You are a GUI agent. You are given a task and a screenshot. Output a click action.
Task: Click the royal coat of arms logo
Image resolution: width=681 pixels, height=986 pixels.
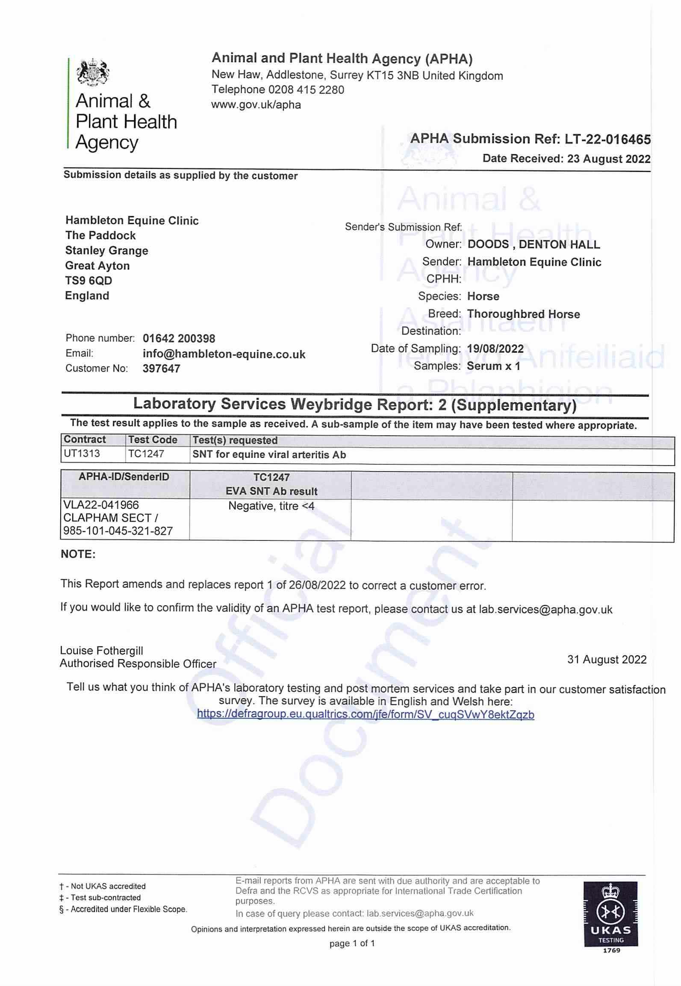[x=93, y=72]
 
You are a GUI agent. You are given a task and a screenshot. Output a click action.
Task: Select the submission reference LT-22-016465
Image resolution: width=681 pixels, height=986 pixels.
[x=607, y=139]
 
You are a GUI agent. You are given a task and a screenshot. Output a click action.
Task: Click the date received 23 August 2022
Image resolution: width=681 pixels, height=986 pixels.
[x=609, y=159]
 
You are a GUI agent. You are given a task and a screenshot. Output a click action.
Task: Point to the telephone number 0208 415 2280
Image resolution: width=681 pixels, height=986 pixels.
[x=306, y=90]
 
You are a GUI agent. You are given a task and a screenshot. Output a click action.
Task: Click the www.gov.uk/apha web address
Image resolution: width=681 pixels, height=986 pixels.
[x=256, y=105]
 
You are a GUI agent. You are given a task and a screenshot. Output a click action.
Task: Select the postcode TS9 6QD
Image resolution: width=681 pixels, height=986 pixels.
[x=88, y=281]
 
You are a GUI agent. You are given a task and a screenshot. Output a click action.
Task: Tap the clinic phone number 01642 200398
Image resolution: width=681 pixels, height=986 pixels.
[x=179, y=339]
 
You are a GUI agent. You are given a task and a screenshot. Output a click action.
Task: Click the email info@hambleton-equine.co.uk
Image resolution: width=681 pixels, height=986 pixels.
[x=224, y=354]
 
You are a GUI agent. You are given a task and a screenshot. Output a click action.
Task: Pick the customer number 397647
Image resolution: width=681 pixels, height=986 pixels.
[x=161, y=368]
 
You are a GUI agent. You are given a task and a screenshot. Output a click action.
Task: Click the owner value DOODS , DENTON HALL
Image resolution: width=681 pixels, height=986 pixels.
[x=534, y=244]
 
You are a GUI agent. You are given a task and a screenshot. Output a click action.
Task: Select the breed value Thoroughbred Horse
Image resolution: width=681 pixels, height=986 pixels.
[x=523, y=314]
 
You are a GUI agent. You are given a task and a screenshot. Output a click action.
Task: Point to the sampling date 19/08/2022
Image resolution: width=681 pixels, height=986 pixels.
[x=495, y=349]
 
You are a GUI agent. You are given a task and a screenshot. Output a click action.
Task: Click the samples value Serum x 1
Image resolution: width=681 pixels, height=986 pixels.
[x=493, y=366]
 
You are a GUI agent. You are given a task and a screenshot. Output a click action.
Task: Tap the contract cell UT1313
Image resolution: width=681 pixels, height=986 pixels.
[x=82, y=453]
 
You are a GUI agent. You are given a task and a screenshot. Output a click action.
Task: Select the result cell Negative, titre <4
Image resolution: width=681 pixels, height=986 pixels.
[x=271, y=506]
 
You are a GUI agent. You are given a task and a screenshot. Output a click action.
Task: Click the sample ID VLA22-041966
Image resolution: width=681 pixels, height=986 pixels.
[x=101, y=505]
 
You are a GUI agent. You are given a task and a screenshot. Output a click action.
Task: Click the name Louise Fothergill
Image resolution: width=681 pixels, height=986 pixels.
[x=101, y=651]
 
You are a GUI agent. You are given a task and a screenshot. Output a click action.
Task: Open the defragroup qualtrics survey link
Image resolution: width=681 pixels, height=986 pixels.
[x=366, y=714]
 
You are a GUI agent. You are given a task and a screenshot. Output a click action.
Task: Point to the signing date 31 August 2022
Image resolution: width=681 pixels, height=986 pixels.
[x=607, y=660]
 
